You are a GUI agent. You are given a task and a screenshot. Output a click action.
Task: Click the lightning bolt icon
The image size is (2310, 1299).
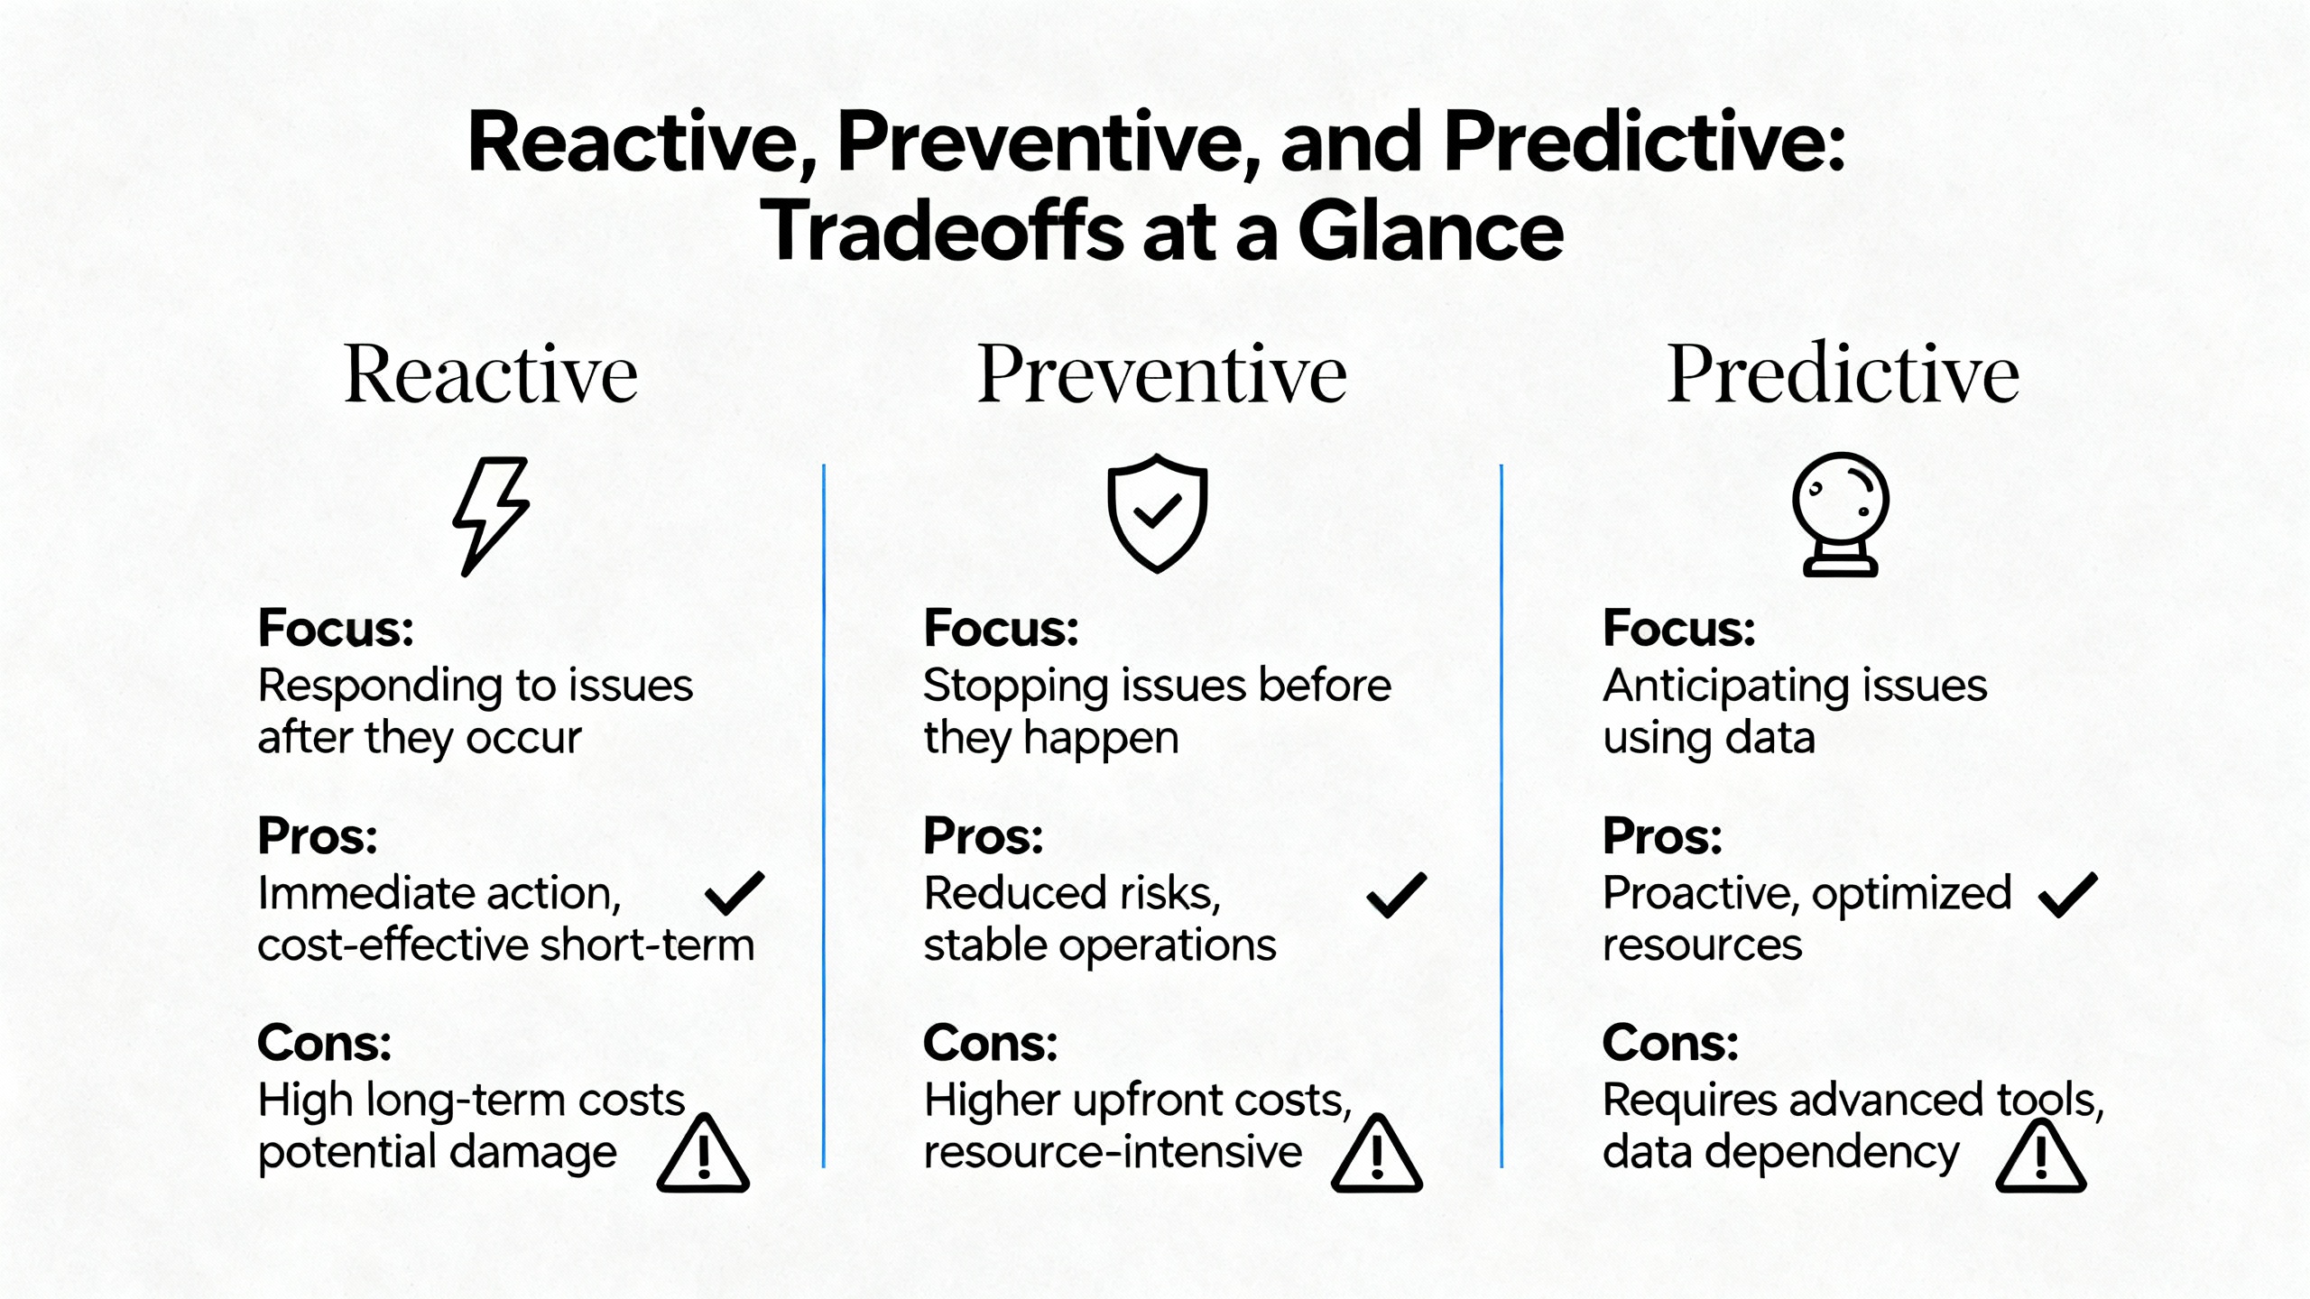pyautogui.click(x=490, y=516)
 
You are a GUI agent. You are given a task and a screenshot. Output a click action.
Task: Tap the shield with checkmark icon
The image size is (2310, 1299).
pyautogui.click(x=1158, y=513)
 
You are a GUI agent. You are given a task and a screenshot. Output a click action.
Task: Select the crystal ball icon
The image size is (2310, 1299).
pyautogui.click(x=1841, y=514)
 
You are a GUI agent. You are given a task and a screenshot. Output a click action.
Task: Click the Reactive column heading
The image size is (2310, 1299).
pyautogui.click(x=491, y=373)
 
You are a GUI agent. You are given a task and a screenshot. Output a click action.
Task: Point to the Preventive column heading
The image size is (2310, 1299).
pyautogui.click(x=1162, y=373)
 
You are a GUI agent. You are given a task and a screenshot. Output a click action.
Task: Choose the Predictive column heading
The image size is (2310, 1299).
pyautogui.click(x=1843, y=373)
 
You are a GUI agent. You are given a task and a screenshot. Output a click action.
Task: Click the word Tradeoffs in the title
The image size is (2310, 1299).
pyautogui.click(x=942, y=232)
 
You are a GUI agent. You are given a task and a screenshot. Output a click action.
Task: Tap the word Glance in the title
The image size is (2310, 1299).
pyautogui.click(x=1430, y=232)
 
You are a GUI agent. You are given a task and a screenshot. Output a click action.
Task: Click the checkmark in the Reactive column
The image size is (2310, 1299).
pyautogui.click(x=735, y=893)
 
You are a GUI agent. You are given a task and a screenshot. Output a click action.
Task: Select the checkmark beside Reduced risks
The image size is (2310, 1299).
pyautogui.click(x=1397, y=895)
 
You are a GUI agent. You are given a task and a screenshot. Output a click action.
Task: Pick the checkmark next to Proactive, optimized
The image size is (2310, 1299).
pyautogui.click(x=2068, y=895)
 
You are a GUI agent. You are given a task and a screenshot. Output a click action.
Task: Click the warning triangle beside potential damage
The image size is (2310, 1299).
pyautogui.click(x=704, y=1154)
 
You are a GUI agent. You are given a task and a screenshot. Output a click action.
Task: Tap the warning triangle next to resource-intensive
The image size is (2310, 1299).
pyautogui.click(x=1377, y=1154)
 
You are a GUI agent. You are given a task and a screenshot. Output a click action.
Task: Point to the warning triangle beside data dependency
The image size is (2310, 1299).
pyautogui.click(x=2041, y=1154)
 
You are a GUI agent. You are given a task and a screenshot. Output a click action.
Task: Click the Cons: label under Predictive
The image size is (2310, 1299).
pyautogui.click(x=1670, y=1043)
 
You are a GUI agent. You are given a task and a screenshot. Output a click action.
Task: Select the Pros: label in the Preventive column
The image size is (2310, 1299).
pyautogui.click(x=984, y=836)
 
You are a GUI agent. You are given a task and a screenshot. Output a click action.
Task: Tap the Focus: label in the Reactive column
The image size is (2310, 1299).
pyautogui.click(x=336, y=628)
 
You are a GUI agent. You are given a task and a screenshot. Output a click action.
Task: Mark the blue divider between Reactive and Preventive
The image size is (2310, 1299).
pyautogui.click(x=824, y=816)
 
